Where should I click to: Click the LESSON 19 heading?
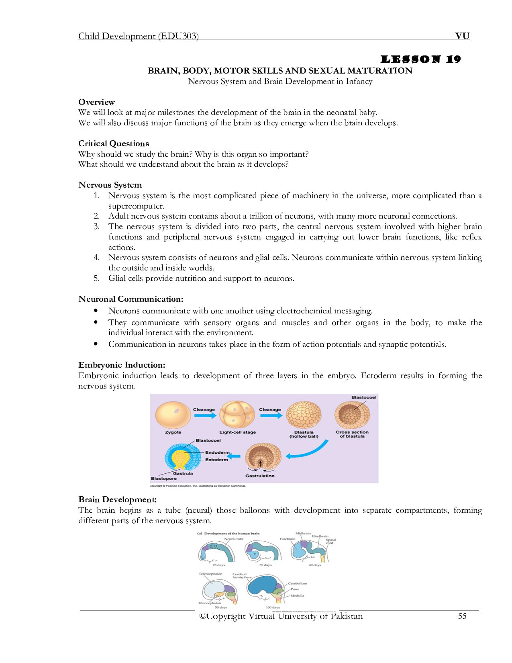pyautogui.click(x=420, y=59)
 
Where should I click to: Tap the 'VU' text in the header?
pyautogui.click(x=462, y=36)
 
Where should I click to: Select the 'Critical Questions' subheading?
pyautogui.click(x=114, y=143)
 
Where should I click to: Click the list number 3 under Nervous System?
pyautogui.click(x=97, y=227)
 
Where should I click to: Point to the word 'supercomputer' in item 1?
pyautogui.click(x=136, y=206)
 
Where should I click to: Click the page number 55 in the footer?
pyautogui.click(x=462, y=616)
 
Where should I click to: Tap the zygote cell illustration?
pyautogui.click(x=173, y=415)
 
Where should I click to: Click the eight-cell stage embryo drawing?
pyautogui.click(x=237, y=415)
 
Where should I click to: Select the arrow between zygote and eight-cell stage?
pyautogui.click(x=205, y=415)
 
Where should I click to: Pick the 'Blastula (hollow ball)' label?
pyautogui.click(x=304, y=434)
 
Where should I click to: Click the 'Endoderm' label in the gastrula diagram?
pyautogui.click(x=217, y=452)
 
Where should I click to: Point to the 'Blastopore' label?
pyautogui.click(x=163, y=479)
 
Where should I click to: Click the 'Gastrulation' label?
pyautogui.click(x=260, y=476)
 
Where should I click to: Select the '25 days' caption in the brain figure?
pyautogui.click(x=218, y=565)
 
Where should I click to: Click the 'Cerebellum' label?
pyautogui.click(x=298, y=583)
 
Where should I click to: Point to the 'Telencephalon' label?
pyautogui.click(x=210, y=574)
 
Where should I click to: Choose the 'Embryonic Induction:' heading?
pyautogui.click(x=122, y=365)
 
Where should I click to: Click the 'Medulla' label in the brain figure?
pyautogui.click(x=298, y=595)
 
